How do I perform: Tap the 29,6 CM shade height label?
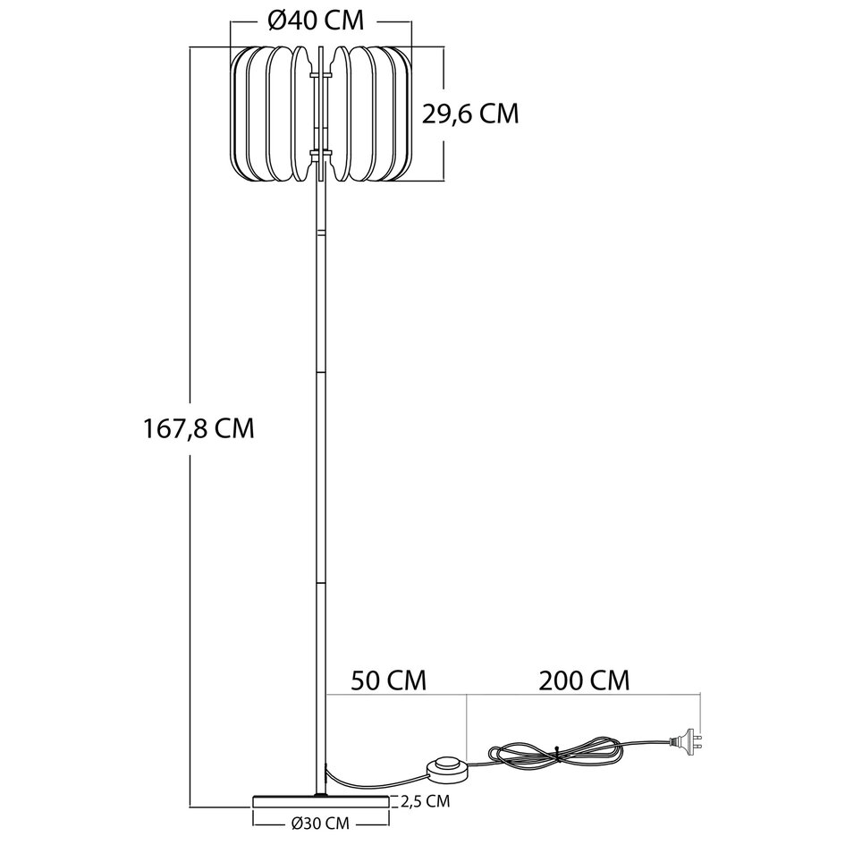tap(470, 113)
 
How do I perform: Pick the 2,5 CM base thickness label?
tap(426, 800)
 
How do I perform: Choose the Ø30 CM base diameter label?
tap(319, 822)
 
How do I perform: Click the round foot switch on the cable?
tap(448, 767)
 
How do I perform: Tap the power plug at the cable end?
tap(688, 739)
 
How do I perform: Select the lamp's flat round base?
tap(321, 799)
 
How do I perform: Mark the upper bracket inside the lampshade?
tap(321, 76)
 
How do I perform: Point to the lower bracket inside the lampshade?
tap(321, 156)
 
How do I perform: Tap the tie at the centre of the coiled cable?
tap(556, 753)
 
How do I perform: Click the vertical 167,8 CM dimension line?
tap(192, 429)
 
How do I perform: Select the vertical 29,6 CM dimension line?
tap(444, 113)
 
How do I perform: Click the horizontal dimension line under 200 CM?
tap(583, 695)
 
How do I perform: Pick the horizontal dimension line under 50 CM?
tap(396, 695)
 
